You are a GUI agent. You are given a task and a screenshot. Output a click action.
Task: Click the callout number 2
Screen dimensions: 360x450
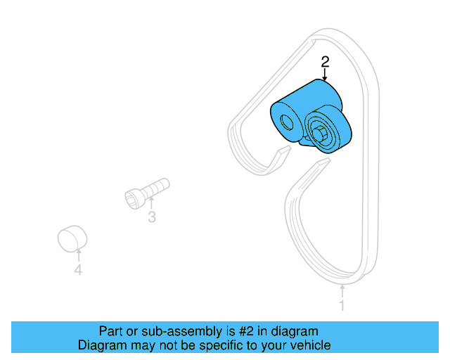pyautogui.click(x=325, y=62)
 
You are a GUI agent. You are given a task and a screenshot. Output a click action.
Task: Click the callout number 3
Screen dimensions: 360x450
pyautogui.click(x=151, y=217)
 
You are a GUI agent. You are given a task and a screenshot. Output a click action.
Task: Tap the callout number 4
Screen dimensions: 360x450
pyautogui.click(x=78, y=270)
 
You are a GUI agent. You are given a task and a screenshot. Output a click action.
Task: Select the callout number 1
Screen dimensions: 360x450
pyautogui.click(x=342, y=306)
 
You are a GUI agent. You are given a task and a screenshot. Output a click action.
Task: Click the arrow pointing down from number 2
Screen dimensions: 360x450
pyautogui.click(x=325, y=76)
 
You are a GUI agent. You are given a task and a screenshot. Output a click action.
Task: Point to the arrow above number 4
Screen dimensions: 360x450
pyautogui.click(x=78, y=255)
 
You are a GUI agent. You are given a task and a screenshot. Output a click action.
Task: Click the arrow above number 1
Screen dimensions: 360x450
pyautogui.click(x=342, y=290)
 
